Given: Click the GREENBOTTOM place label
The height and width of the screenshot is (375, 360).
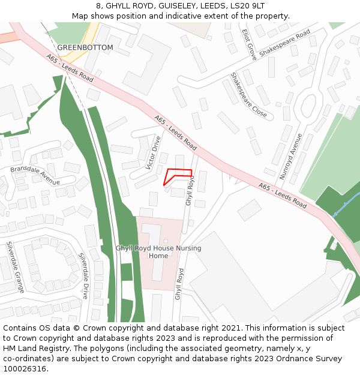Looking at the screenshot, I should point(85,47).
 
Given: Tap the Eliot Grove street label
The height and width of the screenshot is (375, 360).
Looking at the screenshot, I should point(249,44).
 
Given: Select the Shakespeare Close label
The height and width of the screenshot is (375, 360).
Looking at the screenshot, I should point(248,95).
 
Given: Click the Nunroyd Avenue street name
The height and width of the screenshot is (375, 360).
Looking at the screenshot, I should point(291,156).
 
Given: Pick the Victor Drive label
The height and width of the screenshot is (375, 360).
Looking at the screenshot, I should point(154,153).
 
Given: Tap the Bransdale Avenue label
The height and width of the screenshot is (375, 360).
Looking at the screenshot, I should point(35,175).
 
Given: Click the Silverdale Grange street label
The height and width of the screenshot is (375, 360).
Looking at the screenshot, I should point(16,267).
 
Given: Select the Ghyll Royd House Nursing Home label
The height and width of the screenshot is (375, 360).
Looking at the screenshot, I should point(158,252).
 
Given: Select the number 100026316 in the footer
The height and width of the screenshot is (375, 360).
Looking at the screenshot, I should point(23,369).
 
